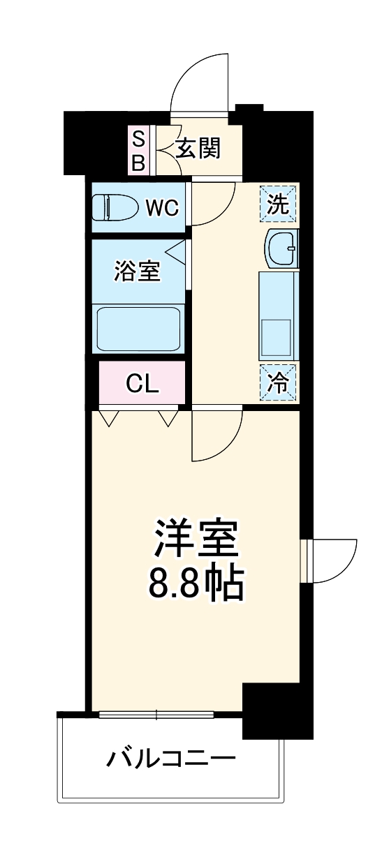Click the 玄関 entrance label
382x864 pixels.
pos(198,148)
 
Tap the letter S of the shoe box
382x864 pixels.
pos(138,138)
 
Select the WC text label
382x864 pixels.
pos(162,207)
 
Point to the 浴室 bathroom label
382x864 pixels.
pos(138,271)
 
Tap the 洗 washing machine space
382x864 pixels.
pos(279,204)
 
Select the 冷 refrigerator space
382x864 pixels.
pos(279,382)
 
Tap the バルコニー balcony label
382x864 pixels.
pos(170,758)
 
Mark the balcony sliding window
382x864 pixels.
pos(156,714)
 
